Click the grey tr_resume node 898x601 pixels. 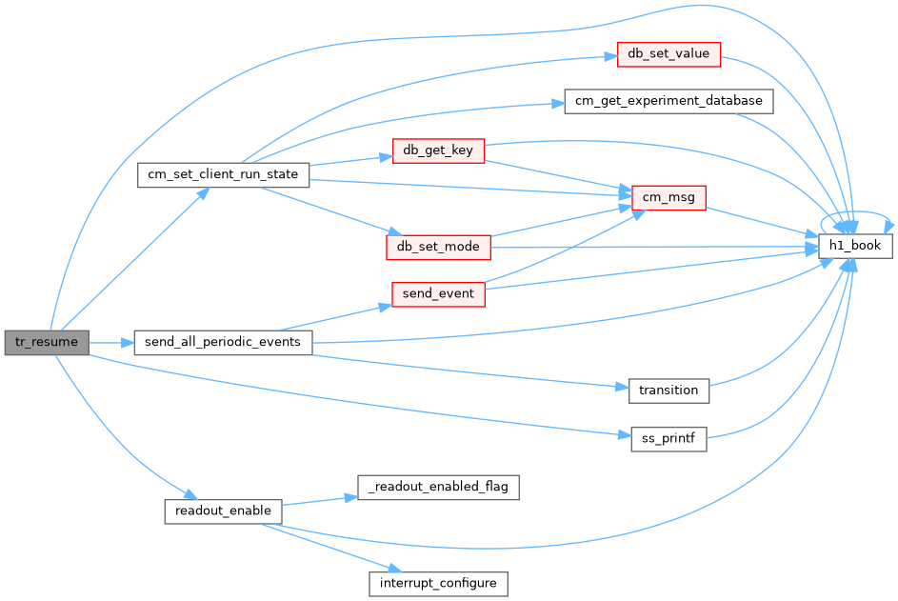pos(47,342)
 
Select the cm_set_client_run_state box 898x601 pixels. pos(223,174)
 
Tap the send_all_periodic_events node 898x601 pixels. pos(223,342)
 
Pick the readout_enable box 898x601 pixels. pos(223,511)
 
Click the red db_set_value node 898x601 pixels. pos(669,54)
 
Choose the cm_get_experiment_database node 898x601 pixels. pos(669,101)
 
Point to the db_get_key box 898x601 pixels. pos(438,150)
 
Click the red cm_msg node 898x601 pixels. pos(669,198)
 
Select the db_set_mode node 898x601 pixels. pos(438,247)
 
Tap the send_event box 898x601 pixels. pos(438,294)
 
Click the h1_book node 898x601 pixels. pos(855,246)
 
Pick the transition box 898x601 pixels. pos(669,391)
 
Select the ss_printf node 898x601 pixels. pos(669,439)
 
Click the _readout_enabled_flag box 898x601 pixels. pos(438,487)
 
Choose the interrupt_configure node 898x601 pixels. pos(438,583)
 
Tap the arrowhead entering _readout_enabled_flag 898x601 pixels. pos(350,498)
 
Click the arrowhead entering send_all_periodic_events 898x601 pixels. pos(128,343)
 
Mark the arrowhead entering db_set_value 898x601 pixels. pos(610,57)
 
